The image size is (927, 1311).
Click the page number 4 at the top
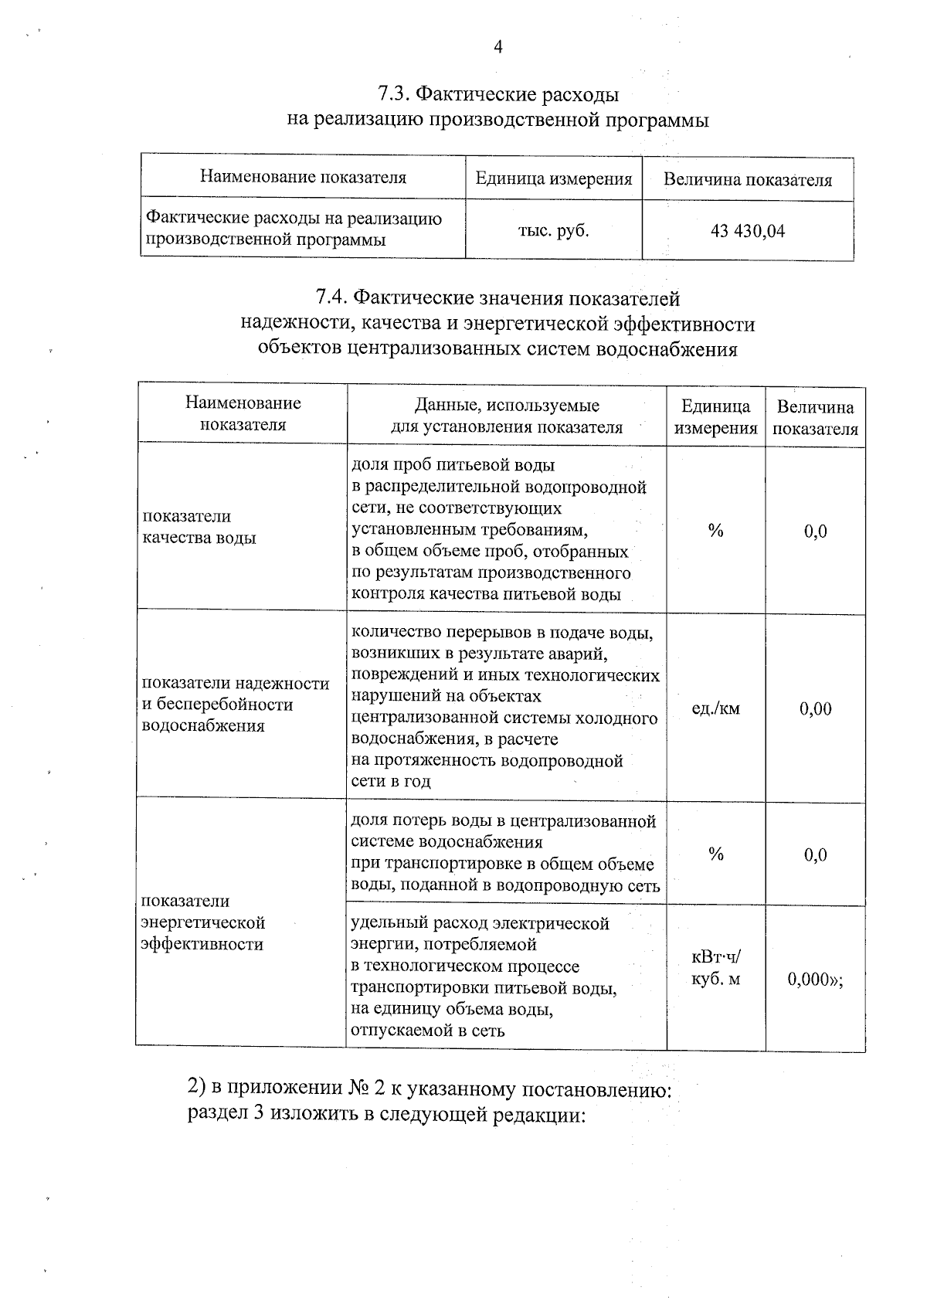coord(497,48)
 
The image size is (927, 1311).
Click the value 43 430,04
coord(747,231)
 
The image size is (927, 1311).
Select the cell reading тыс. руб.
coord(553,230)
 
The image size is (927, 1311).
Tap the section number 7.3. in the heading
coord(394,95)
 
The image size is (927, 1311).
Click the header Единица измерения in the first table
coord(553,179)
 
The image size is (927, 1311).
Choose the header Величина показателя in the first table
coord(747,180)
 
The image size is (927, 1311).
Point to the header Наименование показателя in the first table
coord(303,178)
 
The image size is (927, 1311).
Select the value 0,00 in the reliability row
coord(815,708)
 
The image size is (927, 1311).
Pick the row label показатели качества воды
coord(199,527)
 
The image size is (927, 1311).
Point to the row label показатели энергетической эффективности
coord(203,922)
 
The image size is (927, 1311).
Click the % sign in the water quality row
coord(715,531)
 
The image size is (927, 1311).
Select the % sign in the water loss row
coord(715,854)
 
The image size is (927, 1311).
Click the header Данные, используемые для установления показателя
coord(506,416)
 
